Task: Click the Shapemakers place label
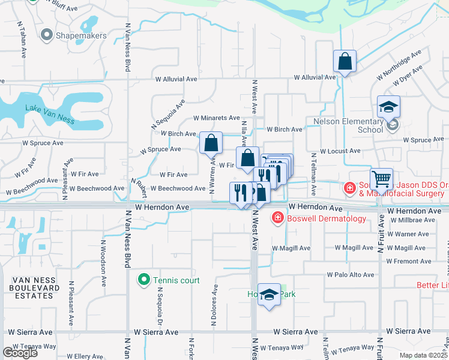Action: click(x=80, y=35)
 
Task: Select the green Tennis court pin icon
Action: click(x=143, y=280)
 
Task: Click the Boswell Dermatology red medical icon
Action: click(x=278, y=218)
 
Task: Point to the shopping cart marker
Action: click(x=382, y=179)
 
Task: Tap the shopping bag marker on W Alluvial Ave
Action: click(x=345, y=61)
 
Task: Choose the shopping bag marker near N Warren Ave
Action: click(x=211, y=143)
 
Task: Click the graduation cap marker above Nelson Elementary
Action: click(x=388, y=107)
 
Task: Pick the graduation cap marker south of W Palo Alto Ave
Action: click(x=270, y=295)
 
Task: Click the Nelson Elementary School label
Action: click(x=348, y=125)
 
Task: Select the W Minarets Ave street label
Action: click(x=216, y=118)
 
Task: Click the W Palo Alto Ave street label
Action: click(x=351, y=275)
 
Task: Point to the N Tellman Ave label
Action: click(x=313, y=174)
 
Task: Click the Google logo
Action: click(x=20, y=353)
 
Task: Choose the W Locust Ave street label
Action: click(x=340, y=151)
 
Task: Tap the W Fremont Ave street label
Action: click(x=409, y=261)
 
